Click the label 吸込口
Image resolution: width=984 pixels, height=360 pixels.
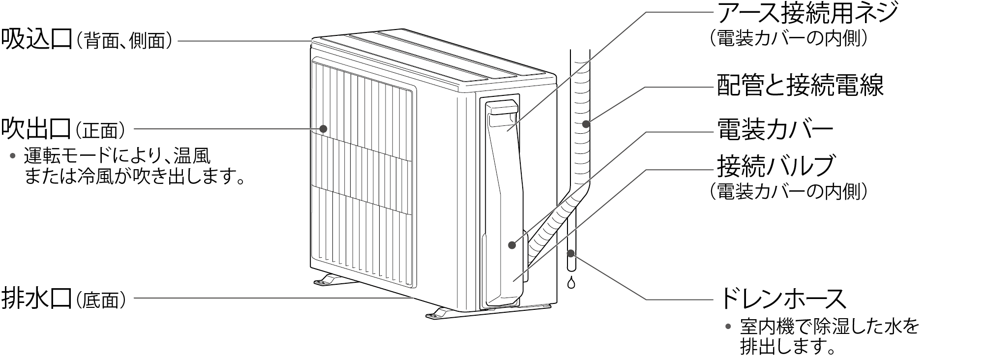(36, 39)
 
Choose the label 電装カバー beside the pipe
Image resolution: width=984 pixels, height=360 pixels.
(775, 130)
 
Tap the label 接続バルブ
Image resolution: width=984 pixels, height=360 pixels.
(775, 166)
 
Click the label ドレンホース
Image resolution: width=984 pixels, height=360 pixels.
(782, 298)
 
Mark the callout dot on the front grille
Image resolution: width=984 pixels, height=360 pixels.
(324, 129)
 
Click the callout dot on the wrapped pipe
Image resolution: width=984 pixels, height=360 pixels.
(586, 124)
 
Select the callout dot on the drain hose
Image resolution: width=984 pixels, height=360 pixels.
(571, 254)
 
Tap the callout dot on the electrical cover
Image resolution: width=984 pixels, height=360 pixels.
(512, 245)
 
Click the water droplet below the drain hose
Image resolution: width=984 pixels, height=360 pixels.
(571, 283)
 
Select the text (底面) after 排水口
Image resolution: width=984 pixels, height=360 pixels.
(104, 299)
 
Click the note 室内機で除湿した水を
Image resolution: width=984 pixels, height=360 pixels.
(830, 327)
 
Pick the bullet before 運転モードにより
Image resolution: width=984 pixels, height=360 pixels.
(13, 156)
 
